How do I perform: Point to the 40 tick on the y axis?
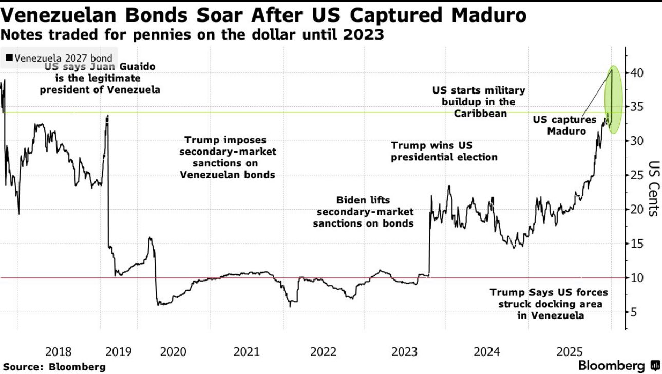tap(637, 73)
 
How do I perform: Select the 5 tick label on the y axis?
tap(634, 312)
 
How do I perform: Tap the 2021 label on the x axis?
tap(247, 352)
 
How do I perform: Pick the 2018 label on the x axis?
tap(59, 352)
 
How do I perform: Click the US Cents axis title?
tap(652, 189)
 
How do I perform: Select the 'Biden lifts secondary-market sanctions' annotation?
tap(364, 211)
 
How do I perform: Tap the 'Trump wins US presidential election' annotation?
tap(444, 152)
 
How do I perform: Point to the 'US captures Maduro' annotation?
tap(564, 125)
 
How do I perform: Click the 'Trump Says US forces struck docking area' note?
tap(548, 304)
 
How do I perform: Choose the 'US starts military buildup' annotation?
tap(479, 101)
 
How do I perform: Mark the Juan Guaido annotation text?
tap(100, 78)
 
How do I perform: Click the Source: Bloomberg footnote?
tap(53, 366)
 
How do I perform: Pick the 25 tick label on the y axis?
tap(637, 175)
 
